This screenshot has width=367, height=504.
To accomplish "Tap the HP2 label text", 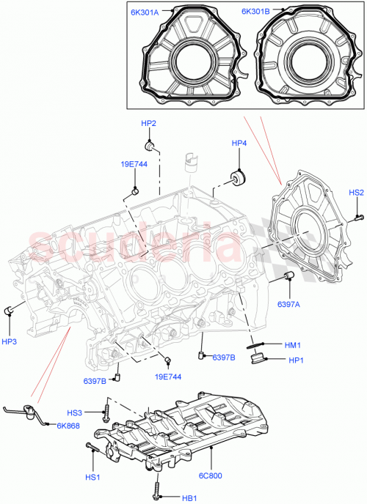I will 148,123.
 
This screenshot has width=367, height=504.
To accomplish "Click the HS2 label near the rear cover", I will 356,193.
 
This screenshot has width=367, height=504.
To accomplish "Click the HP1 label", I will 296,360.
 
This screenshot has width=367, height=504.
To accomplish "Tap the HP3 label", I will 10,341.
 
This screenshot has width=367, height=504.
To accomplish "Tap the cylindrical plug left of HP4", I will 239,177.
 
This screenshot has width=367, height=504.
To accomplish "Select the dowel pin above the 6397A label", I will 288,275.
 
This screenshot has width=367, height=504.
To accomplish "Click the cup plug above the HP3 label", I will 10,311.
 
